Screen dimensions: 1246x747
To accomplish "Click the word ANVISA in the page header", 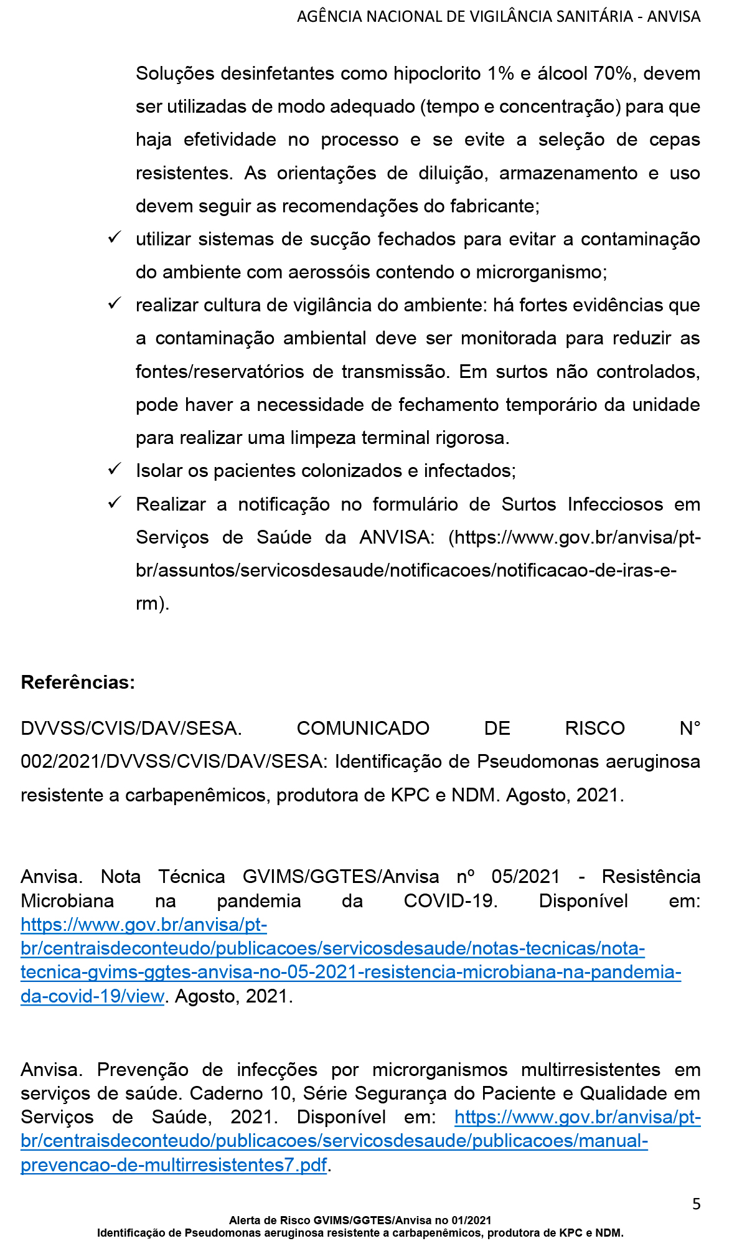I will pos(674,17).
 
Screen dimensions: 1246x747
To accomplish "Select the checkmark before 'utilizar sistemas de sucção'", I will pos(115,237).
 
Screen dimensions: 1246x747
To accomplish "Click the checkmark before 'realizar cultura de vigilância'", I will pos(115,303).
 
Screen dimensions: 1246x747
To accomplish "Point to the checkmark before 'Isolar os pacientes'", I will pos(115,469).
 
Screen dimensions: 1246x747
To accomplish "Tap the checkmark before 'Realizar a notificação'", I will pos(115,502).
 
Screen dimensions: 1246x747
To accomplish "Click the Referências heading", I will pos(78,682).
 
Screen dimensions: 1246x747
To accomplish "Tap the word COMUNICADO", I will pos(363,729).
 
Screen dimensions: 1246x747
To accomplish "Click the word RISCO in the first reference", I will pos(594,729).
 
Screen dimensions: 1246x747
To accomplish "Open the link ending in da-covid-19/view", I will pos(92,996).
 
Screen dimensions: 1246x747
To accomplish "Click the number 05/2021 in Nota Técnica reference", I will pos(525,877).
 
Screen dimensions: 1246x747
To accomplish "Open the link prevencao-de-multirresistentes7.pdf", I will pos(174,1165).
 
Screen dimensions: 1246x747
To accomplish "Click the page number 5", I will pos(696,1204).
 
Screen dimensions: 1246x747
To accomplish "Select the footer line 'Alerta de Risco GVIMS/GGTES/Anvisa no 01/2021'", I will pos(360,1220).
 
